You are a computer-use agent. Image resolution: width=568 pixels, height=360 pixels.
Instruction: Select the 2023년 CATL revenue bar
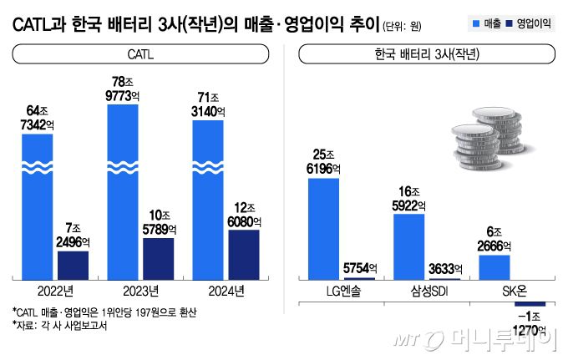tap(123, 192)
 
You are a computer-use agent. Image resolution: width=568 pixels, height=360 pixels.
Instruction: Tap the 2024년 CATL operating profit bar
tap(243, 253)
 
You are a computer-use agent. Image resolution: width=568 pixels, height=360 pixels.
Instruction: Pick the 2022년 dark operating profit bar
tap(73, 264)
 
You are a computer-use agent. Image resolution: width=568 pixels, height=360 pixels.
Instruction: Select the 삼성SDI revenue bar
tap(408, 245)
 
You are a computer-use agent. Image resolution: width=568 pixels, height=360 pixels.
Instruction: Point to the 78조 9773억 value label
tap(123, 89)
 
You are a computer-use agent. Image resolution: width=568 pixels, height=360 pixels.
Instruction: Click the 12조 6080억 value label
tap(243, 213)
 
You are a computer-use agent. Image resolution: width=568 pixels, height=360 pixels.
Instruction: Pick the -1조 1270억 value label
tap(530, 324)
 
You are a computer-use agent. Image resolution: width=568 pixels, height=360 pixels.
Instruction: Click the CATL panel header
tap(140, 55)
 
